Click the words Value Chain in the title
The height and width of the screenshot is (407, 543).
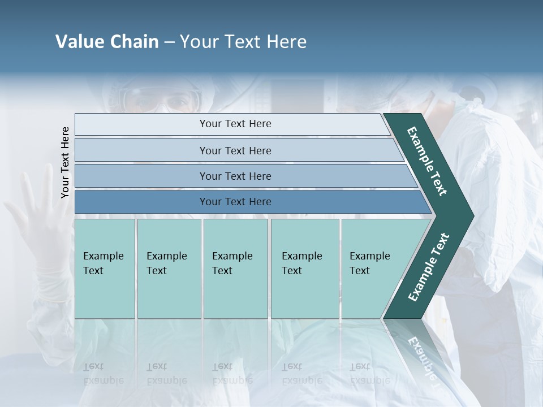(x=107, y=42)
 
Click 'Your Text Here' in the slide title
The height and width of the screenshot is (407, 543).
(x=243, y=42)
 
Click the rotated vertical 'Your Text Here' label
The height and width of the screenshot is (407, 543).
(x=65, y=162)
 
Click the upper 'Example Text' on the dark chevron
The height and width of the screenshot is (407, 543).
(x=427, y=161)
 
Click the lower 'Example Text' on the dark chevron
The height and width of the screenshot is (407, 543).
(x=428, y=267)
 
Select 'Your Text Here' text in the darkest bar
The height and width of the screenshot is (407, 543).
(x=235, y=202)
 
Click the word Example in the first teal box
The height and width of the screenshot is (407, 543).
(x=103, y=256)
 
